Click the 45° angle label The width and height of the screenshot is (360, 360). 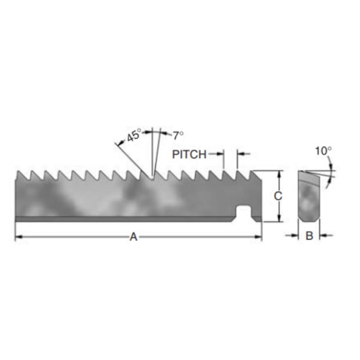134,136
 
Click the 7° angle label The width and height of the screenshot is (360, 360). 177,135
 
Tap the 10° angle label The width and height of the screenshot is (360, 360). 323,151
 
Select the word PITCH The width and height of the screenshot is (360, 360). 189,154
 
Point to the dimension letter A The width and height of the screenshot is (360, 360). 134,237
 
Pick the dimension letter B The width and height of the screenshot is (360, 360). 308,236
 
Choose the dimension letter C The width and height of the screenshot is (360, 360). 278,196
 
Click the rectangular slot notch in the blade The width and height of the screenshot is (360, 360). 244,211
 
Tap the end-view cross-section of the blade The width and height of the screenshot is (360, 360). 308,195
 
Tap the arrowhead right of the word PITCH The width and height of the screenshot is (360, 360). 240,154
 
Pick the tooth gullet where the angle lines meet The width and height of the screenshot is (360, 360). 153,179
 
